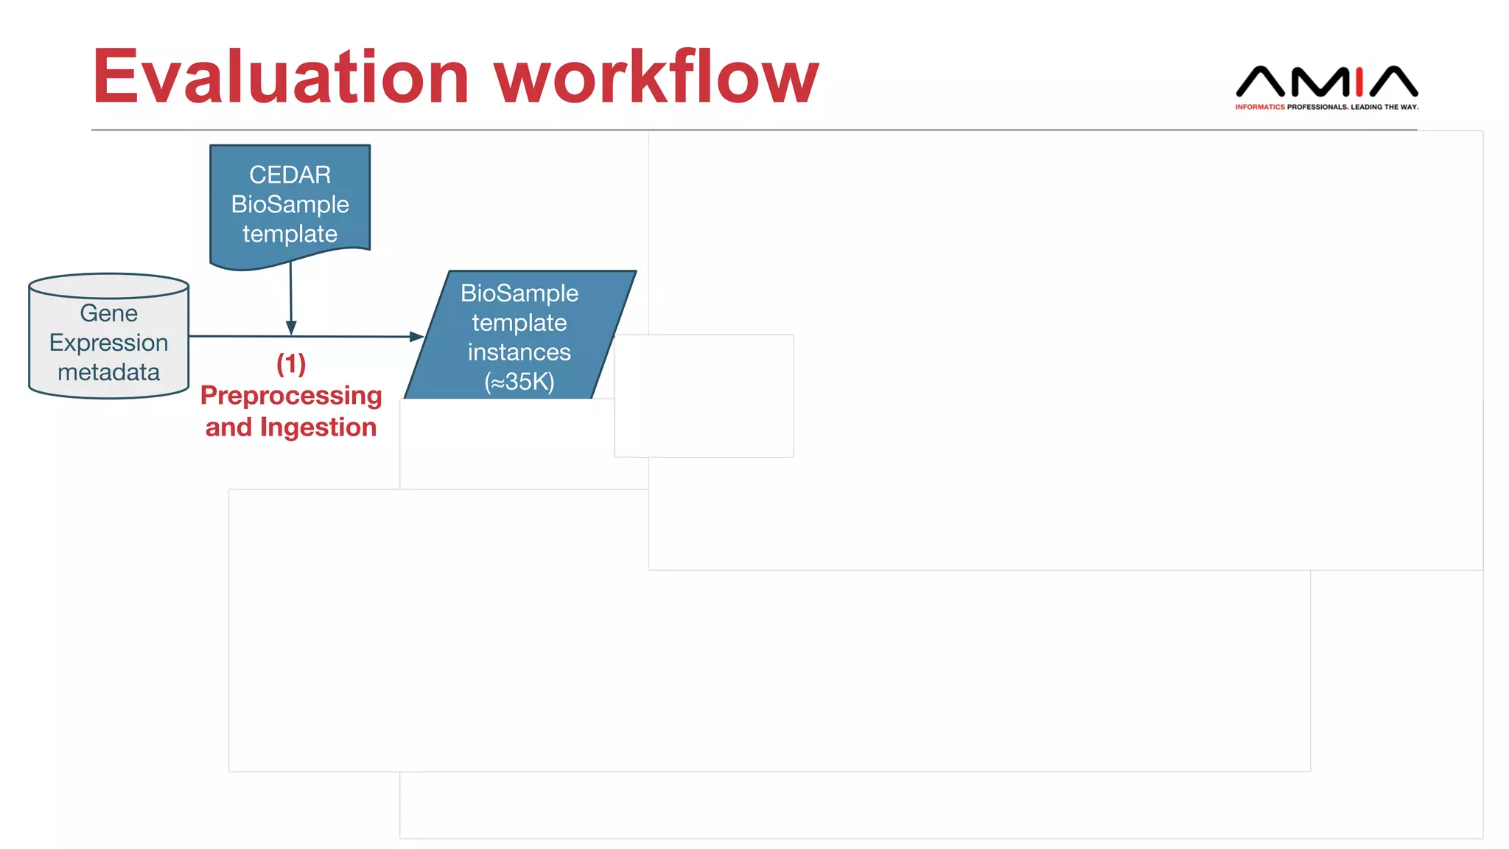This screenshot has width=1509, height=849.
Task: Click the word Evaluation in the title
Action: pos(280,77)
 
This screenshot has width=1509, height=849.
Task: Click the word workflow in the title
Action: pos(656,77)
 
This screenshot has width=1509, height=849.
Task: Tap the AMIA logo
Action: pos(1326,82)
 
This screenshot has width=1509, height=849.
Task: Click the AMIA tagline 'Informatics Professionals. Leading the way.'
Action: pos(1326,107)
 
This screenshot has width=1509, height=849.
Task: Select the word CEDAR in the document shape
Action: pos(290,175)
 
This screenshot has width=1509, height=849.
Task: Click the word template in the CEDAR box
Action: pos(290,234)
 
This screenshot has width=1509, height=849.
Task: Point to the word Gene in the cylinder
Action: pos(108,313)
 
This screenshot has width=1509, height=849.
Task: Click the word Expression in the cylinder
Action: pos(108,343)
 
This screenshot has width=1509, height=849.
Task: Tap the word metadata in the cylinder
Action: pos(108,372)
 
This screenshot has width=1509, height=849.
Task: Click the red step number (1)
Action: pos(291,363)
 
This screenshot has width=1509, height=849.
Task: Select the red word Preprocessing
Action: pos(291,396)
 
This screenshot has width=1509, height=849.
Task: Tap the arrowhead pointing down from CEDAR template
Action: pos(291,328)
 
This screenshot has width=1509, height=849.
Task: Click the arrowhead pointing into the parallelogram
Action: pos(416,337)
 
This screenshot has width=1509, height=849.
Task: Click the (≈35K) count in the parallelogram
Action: pos(519,382)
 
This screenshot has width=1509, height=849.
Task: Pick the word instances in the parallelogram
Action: pos(519,352)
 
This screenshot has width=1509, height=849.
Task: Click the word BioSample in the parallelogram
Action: pos(519,293)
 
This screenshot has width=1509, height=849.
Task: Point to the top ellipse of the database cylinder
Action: pos(108,286)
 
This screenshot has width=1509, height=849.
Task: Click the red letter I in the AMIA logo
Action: pos(1359,82)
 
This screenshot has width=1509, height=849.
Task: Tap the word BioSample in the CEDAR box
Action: pos(290,204)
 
